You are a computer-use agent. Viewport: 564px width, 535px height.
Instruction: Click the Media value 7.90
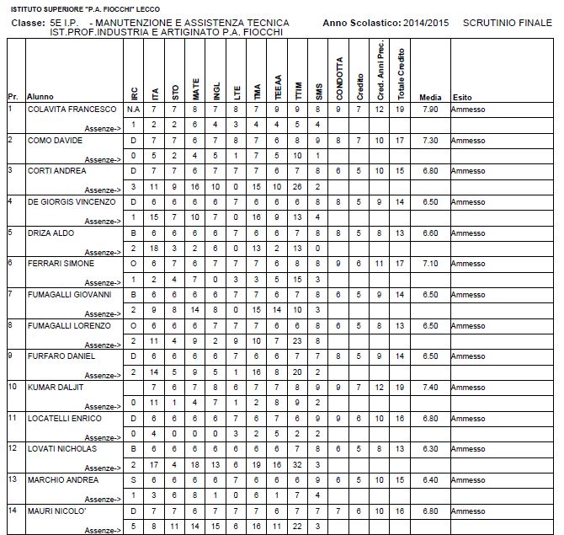click(430, 110)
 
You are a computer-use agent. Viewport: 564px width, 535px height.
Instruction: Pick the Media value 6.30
click(430, 448)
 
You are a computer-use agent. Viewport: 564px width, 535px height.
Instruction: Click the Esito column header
click(461, 97)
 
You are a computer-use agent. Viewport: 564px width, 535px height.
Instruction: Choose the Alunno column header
click(40, 97)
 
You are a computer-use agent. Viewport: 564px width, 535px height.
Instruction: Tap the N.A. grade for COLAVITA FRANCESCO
click(133, 110)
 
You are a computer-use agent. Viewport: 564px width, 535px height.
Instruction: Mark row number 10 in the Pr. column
click(12, 387)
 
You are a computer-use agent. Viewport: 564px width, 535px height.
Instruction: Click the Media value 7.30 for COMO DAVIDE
click(430, 141)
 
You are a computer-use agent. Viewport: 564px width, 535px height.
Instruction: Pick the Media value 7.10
click(430, 264)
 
